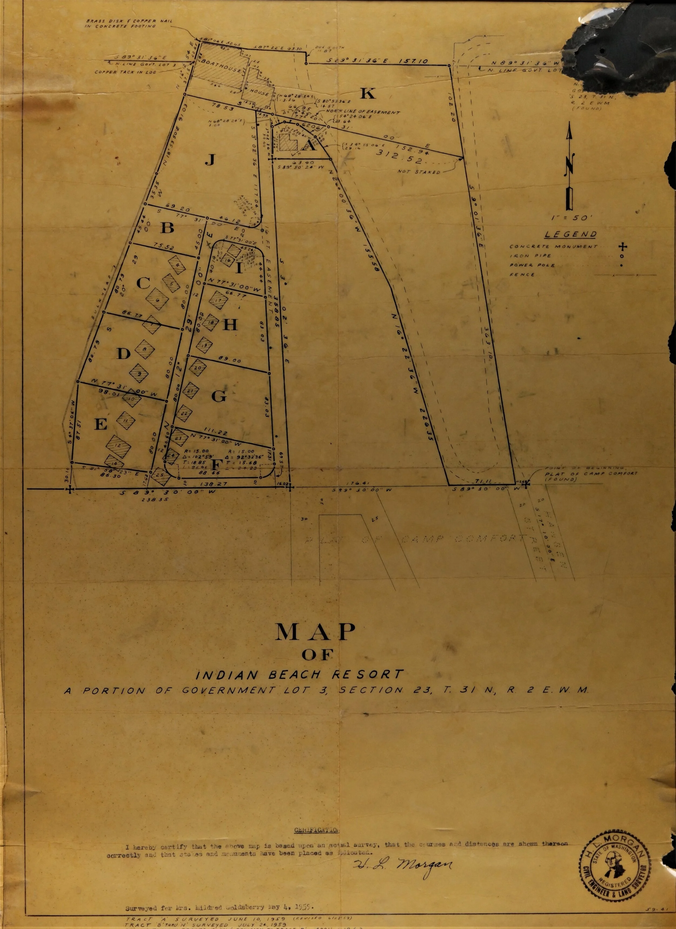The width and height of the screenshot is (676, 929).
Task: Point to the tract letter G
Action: pyautogui.click(x=218, y=396)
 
